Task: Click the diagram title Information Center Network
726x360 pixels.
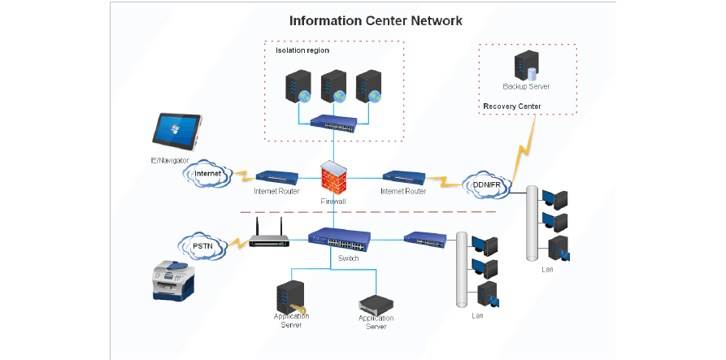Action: (x=376, y=21)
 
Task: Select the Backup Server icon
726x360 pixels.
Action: (x=527, y=65)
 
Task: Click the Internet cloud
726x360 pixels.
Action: (x=207, y=174)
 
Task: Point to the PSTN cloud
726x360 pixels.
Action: (x=203, y=246)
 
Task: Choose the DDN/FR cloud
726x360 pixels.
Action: (x=487, y=185)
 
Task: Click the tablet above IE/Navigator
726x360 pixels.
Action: (x=177, y=132)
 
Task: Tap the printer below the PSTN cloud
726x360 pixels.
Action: (x=172, y=280)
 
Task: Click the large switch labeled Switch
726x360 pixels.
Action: (x=339, y=239)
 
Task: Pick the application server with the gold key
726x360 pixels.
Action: (x=291, y=297)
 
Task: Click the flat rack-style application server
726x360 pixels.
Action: (x=376, y=304)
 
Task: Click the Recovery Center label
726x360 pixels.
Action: (x=512, y=106)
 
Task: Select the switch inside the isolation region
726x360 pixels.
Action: (x=334, y=122)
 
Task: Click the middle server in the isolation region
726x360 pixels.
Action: (x=334, y=86)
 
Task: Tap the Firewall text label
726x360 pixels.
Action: (x=333, y=202)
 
